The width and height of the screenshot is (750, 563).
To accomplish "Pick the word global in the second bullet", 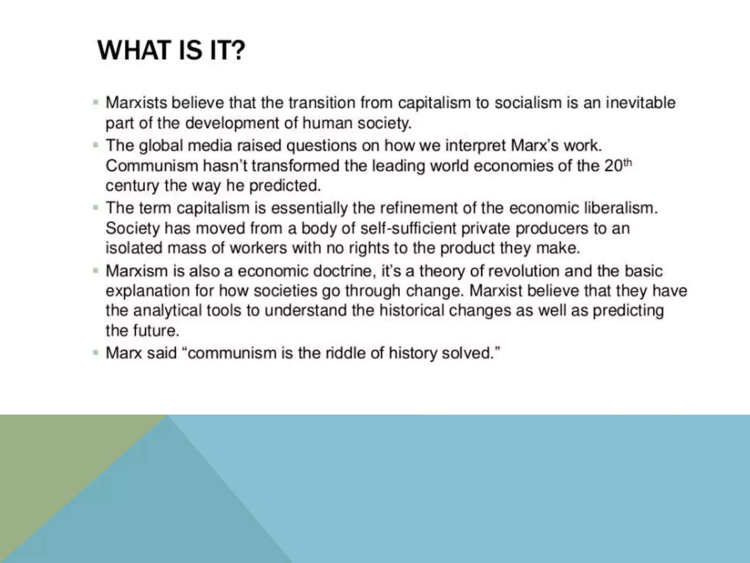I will pyautogui.click(x=161, y=146).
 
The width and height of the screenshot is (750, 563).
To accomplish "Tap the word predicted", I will pyautogui.click(x=285, y=185).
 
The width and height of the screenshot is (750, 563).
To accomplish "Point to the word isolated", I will pyautogui.click(x=134, y=248).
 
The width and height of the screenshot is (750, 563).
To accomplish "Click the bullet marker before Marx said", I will pyautogui.click(x=96, y=353).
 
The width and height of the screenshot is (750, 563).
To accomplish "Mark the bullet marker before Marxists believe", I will pyautogui.click(x=96, y=102).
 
